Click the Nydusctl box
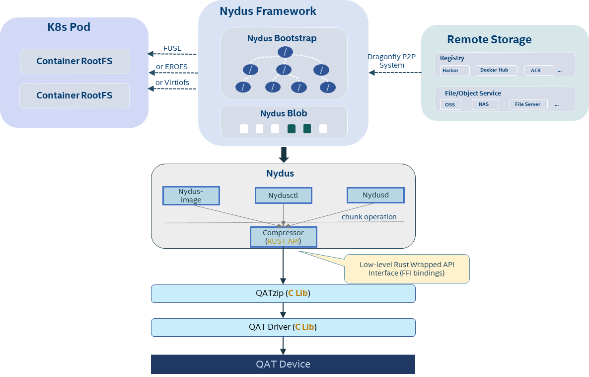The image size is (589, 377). pyautogui.click(x=283, y=195)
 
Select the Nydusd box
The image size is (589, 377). pyautogui.click(x=375, y=195)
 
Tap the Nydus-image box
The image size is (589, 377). pyautogui.click(x=191, y=195)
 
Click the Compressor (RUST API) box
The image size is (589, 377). pyautogui.click(x=283, y=237)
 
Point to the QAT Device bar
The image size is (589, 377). pyautogui.click(x=283, y=364)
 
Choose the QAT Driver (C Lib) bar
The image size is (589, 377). pyautogui.click(x=283, y=327)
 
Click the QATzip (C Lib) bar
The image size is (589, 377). pyautogui.click(x=283, y=293)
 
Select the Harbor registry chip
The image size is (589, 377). pyautogui.click(x=454, y=71)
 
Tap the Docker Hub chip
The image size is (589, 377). pyautogui.click(x=496, y=70)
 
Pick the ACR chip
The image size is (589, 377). pyautogui.click(x=539, y=71)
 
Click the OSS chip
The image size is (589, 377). pyautogui.click(x=450, y=104)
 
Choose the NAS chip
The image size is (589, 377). pyautogui.click(x=485, y=104)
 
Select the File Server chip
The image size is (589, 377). pyautogui.click(x=528, y=104)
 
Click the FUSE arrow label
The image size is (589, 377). pyautogui.click(x=172, y=49)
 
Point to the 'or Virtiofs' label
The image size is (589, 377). pyautogui.click(x=172, y=83)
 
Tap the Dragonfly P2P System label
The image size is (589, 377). pyautogui.click(x=391, y=61)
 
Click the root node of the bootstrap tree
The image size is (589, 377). pyautogui.click(x=284, y=51)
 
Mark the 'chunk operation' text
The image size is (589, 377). pyautogui.click(x=369, y=217)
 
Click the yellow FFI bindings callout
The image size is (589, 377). pyautogui.click(x=407, y=269)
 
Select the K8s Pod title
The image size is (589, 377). pyautogui.click(x=69, y=27)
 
